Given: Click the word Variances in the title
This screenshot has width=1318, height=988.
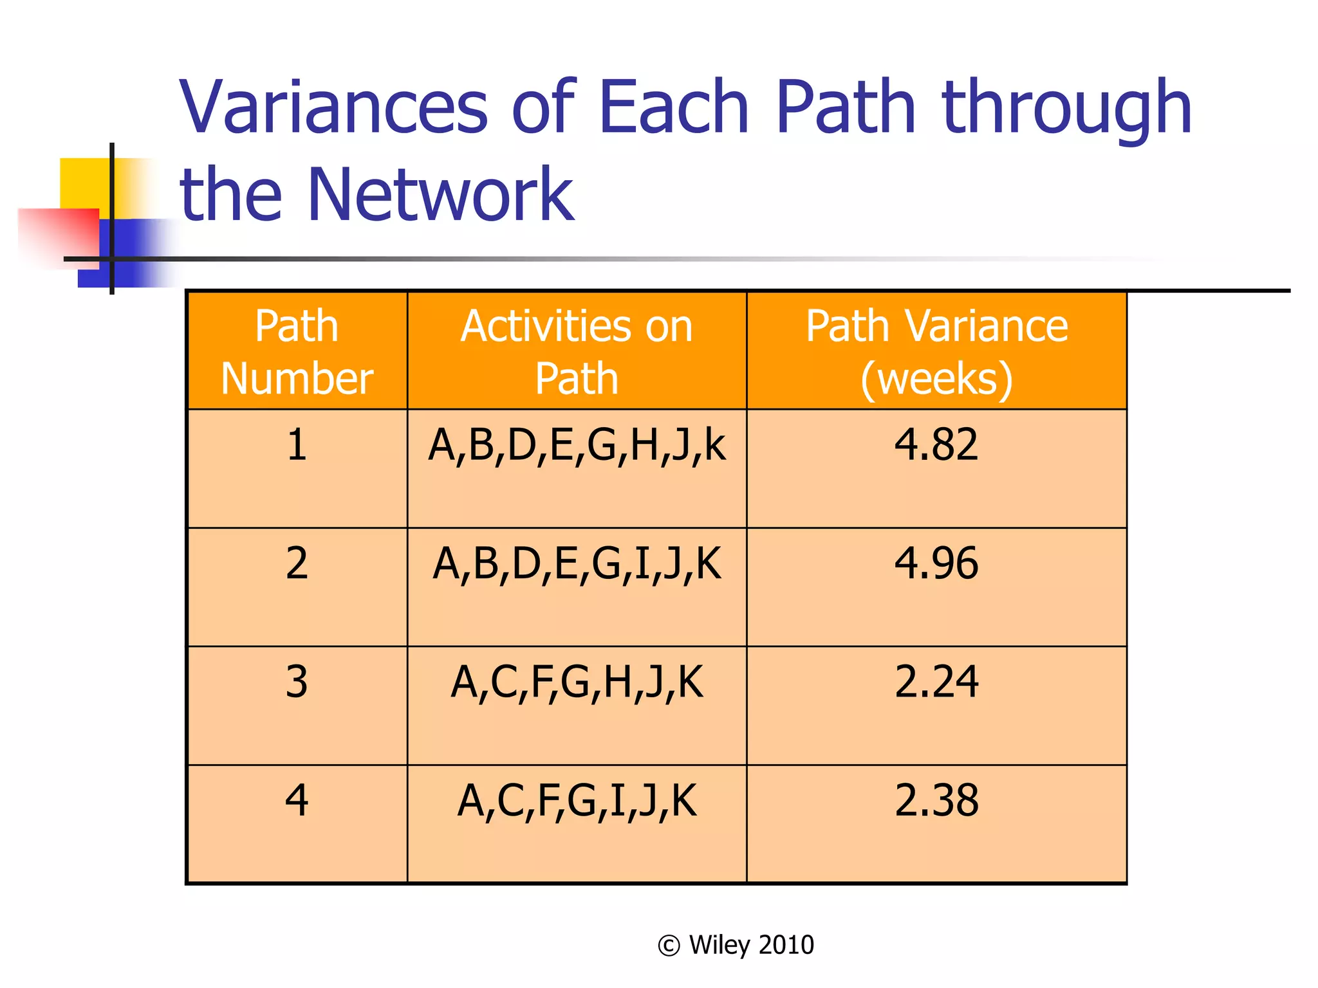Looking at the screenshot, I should click(333, 107).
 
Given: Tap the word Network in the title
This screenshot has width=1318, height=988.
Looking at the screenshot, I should click(441, 194).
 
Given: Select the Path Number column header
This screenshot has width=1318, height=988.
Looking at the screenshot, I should click(297, 351).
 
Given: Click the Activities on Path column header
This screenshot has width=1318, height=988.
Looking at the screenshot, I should click(577, 351).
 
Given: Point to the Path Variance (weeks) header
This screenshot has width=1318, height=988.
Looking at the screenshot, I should click(936, 351).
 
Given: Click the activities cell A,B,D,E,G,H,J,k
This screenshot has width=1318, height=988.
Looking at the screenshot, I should click(577, 445).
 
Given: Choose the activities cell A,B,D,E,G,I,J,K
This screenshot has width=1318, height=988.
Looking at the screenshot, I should click(577, 564).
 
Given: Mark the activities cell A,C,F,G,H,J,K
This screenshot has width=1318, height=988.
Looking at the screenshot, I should click(577, 682).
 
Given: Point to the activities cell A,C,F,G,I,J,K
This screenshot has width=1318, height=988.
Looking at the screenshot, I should click(577, 801).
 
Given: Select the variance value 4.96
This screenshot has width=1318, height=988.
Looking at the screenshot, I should click(936, 563).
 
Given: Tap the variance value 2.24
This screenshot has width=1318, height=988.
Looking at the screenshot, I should click(936, 682).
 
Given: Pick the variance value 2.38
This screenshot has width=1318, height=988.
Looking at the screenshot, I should click(936, 801).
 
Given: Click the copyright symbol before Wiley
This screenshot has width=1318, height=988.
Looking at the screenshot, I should click(669, 946).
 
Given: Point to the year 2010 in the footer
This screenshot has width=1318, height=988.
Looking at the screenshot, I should click(786, 945).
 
